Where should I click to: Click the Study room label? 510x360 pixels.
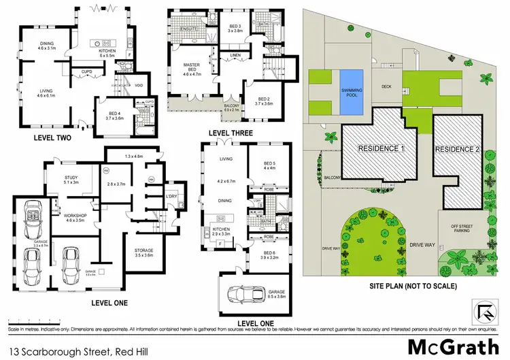70,180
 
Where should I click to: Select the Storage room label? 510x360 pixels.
143,251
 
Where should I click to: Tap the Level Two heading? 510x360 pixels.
53,137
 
